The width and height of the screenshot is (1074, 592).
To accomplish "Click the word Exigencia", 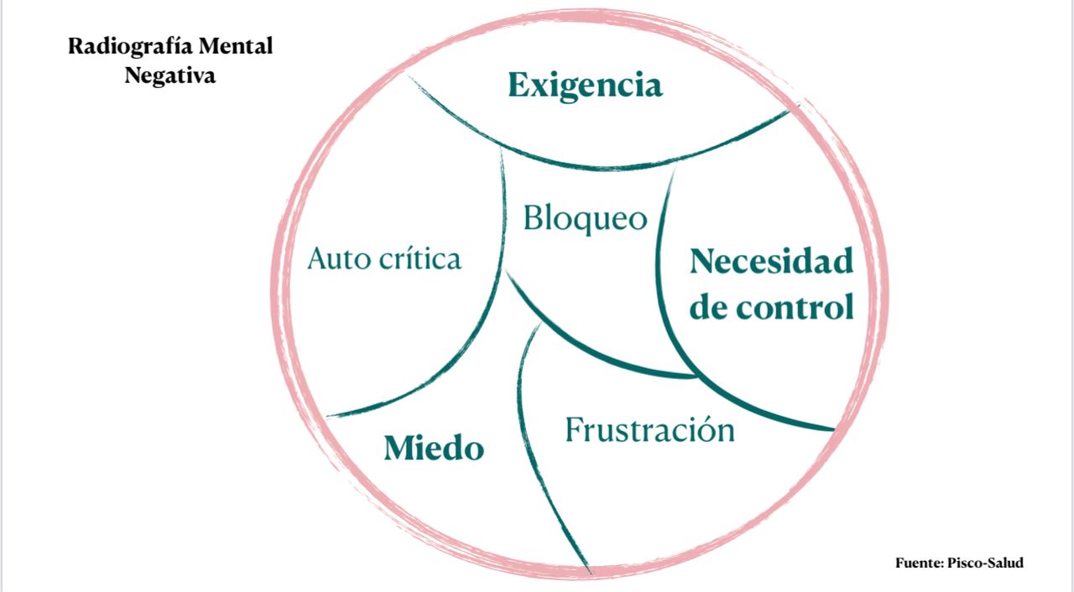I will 585,86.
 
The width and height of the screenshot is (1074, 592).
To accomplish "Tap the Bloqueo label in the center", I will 585,218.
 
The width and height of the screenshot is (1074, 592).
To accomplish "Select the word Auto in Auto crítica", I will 337,258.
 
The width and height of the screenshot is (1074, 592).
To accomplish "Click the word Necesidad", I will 771,262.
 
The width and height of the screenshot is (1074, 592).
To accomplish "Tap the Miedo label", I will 434,449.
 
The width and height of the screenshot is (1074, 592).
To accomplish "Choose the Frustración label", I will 649,430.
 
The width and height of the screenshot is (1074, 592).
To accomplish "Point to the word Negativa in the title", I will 170,75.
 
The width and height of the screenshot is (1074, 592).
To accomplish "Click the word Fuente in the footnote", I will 919,563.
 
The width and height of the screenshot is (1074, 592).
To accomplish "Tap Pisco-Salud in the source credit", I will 986,563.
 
